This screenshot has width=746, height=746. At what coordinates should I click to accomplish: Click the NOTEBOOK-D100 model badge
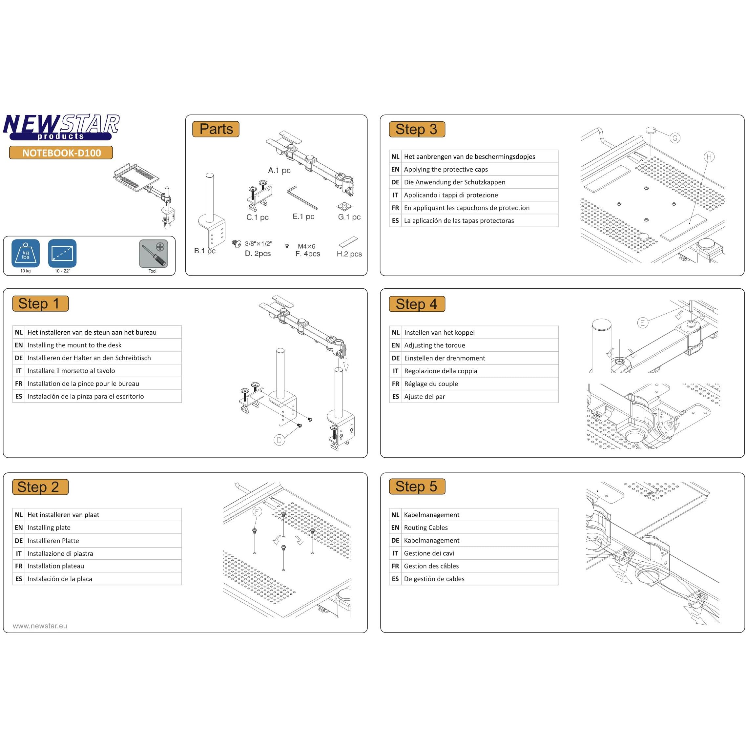(61, 153)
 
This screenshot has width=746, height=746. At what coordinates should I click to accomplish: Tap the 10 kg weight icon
(26, 253)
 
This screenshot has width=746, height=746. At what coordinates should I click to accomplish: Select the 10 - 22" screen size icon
(62, 253)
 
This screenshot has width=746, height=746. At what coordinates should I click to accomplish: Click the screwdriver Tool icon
(153, 254)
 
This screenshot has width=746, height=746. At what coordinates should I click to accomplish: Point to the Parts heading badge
(216, 129)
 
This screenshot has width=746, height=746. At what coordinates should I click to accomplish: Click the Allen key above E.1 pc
(301, 198)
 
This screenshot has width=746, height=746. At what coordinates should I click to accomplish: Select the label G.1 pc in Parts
(349, 217)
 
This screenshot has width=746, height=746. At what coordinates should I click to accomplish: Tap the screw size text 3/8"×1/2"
(258, 244)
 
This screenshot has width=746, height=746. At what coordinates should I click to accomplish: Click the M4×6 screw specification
(307, 246)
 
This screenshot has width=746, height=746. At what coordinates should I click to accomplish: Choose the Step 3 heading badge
(417, 129)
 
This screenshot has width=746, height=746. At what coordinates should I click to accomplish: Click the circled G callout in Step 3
(675, 138)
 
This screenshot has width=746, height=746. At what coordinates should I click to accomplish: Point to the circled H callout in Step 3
(709, 157)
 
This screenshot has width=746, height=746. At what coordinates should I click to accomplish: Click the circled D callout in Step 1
(279, 440)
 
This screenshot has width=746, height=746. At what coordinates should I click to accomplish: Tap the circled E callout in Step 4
(643, 323)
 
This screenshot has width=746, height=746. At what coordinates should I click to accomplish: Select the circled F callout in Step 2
(257, 512)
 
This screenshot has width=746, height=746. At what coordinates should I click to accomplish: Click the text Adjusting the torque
(434, 345)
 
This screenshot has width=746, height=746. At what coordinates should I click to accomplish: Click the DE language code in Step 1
(18, 358)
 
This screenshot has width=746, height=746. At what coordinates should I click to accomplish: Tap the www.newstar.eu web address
(40, 626)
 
